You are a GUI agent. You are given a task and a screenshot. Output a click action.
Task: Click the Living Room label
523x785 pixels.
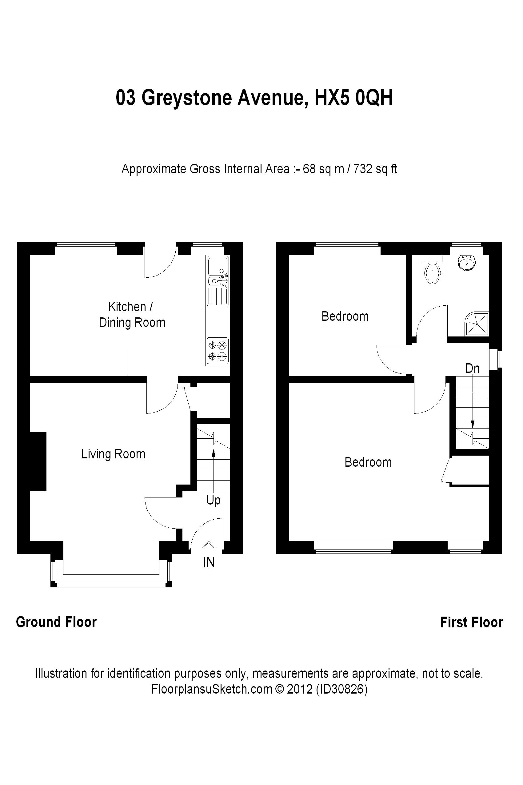pyautogui.click(x=114, y=454)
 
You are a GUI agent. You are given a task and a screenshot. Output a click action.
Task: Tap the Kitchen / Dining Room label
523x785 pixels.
pyautogui.click(x=132, y=315)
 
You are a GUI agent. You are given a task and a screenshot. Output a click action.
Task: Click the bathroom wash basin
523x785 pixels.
pyautogui.click(x=466, y=263)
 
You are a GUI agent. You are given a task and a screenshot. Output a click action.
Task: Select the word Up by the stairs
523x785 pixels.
pyautogui.click(x=214, y=500)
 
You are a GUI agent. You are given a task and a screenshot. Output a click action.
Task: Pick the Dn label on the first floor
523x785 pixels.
pyautogui.click(x=472, y=368)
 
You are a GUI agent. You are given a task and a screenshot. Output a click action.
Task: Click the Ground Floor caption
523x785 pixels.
pyautogui.click(x=56, y=622)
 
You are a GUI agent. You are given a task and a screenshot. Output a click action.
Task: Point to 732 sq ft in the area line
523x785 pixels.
pyautogui.click(x=375, y=169)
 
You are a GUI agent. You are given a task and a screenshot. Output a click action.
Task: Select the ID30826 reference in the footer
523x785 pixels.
pyautogui.click(x=341, y=689)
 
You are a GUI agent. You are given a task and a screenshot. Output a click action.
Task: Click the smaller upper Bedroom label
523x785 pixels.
pyautogui.click(x=345, y=316)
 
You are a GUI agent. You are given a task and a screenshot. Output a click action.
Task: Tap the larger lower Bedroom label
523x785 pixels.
pyautogui.click(x=368, y=462)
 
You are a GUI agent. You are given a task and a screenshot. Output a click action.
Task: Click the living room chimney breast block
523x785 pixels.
pyautogui.click(x=38, y=461)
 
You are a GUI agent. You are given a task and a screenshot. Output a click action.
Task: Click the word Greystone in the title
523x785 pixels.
pyautogui.click(x=187, y=98)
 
